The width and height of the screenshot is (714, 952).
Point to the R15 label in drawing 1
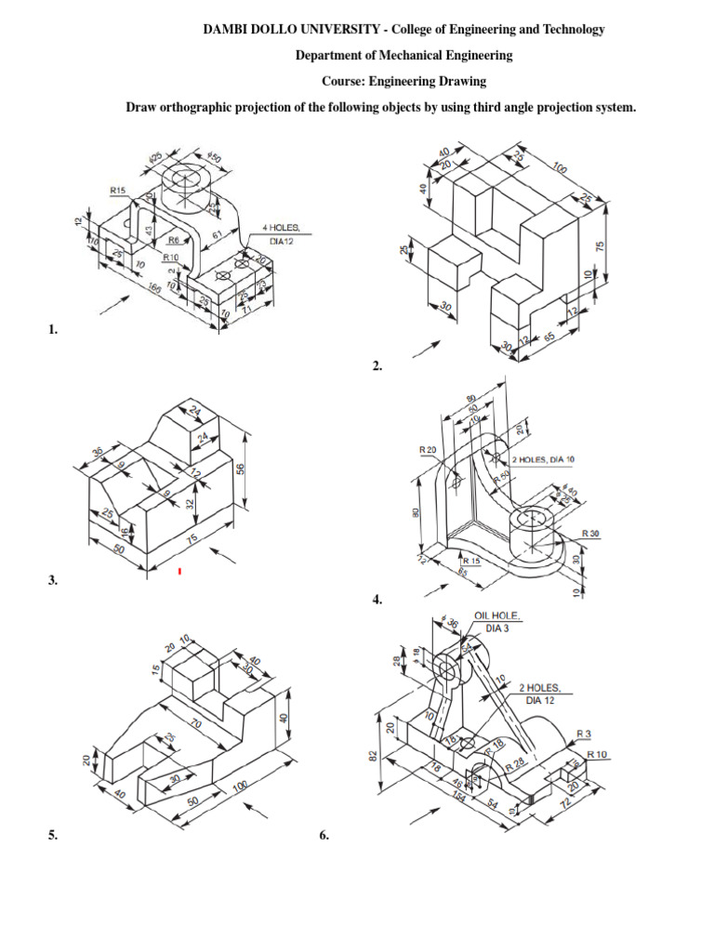click(x=118, y=191)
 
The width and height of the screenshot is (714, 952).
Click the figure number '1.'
click(x=52, y=329)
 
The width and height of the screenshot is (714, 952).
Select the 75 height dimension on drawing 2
click(x=602, y=246)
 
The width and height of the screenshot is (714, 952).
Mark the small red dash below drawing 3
click(x=179, y=571)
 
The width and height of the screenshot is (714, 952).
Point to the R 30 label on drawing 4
click(x=591, y=534)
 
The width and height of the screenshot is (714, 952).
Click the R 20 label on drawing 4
click(x=429, y=450)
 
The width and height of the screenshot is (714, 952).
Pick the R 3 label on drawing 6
click(x=583, y=734)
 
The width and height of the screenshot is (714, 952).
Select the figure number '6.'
click(x=324, y=836)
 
